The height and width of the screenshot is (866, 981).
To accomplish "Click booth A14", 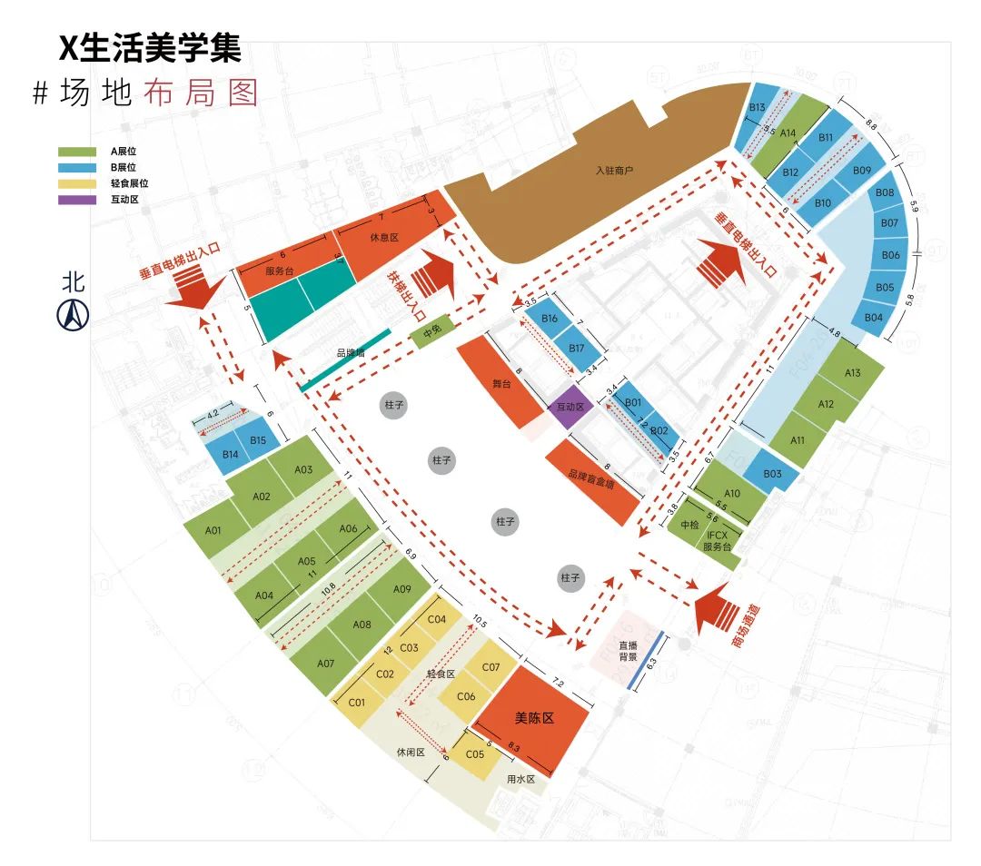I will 788,133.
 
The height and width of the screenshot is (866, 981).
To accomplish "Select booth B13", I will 757,108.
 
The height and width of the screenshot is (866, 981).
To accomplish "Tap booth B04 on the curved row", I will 874,318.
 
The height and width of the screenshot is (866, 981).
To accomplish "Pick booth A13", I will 852,373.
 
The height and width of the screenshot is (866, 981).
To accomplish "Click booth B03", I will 772,474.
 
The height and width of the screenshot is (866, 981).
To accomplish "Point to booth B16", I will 549,319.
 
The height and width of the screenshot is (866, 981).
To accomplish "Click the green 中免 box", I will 431,330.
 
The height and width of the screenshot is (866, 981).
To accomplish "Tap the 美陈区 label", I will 534,717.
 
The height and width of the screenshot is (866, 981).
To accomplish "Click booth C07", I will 490,668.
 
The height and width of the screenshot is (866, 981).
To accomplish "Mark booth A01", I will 214,531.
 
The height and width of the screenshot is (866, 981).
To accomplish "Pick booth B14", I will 230,453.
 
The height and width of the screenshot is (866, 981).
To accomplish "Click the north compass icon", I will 73,314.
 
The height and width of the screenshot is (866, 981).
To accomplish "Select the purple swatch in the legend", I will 75,199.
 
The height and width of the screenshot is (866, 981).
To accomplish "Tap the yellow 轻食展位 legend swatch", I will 75,183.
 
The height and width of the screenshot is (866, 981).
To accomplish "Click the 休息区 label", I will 384,238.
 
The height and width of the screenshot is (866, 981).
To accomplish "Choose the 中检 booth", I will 689,524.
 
